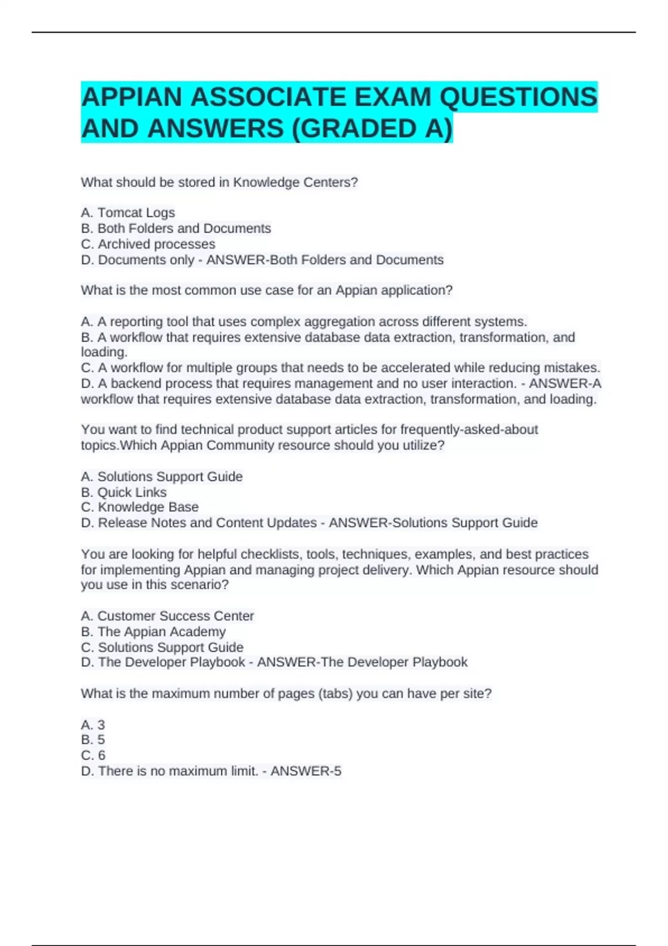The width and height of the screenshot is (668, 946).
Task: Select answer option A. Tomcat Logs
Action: [x=128, y=213]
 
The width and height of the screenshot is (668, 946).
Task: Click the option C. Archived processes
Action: [x=148, y=244]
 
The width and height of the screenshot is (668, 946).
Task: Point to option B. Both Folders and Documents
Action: [x=176, y=228]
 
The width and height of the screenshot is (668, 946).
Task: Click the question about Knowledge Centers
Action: [x=219, y=183]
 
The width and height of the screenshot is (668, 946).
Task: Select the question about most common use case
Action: [x=267, y=290]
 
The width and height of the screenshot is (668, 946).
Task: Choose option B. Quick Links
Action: [x=124, y=492]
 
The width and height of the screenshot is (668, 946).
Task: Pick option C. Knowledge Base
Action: [x=140, y=507]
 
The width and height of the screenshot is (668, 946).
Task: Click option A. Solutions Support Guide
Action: [x=162, y=477]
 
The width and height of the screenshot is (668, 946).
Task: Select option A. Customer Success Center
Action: [x=168, y=616]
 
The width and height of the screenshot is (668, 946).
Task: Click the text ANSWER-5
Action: [x=306, y=771]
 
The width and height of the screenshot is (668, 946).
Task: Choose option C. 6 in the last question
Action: [x=93, y=756]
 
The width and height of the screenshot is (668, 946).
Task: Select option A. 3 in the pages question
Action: [x=93, y=725]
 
